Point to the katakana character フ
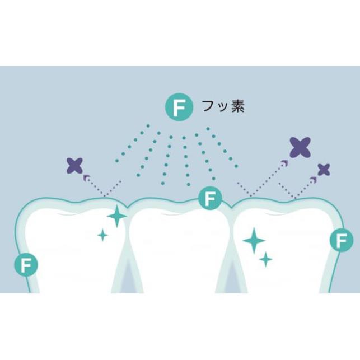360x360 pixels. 207,107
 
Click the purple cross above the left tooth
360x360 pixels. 75,165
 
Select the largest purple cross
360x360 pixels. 300,146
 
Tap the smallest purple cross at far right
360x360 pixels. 324,169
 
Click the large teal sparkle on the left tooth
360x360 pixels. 117,216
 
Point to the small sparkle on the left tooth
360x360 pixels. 102,235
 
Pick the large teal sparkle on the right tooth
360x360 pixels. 254,240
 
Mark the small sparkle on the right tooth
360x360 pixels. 266,259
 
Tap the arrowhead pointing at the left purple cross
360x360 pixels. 86,176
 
